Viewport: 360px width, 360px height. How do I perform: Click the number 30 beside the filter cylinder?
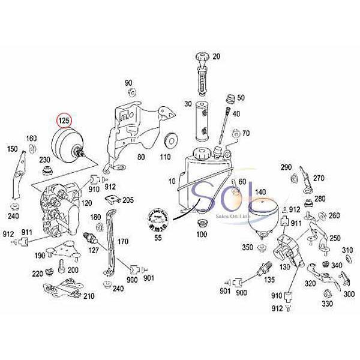pyautogui.click(x=188, y=103)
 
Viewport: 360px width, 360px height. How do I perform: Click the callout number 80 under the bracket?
pyautogui.click(x=142, y=157)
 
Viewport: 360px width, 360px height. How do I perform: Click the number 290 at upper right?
pyautogui.click(x=286, y=167)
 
